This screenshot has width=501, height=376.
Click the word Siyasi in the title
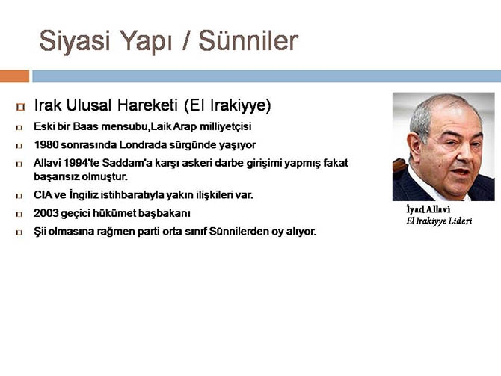[73, 40]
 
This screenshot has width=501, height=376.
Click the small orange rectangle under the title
[14, 75]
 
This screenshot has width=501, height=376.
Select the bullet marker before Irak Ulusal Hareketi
[20, 105]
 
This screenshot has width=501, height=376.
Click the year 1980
[47, 144]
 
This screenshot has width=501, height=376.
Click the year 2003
[47, 213]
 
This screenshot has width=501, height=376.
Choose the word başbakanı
[165, 213]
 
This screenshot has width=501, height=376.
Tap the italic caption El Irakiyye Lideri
[438, 221]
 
